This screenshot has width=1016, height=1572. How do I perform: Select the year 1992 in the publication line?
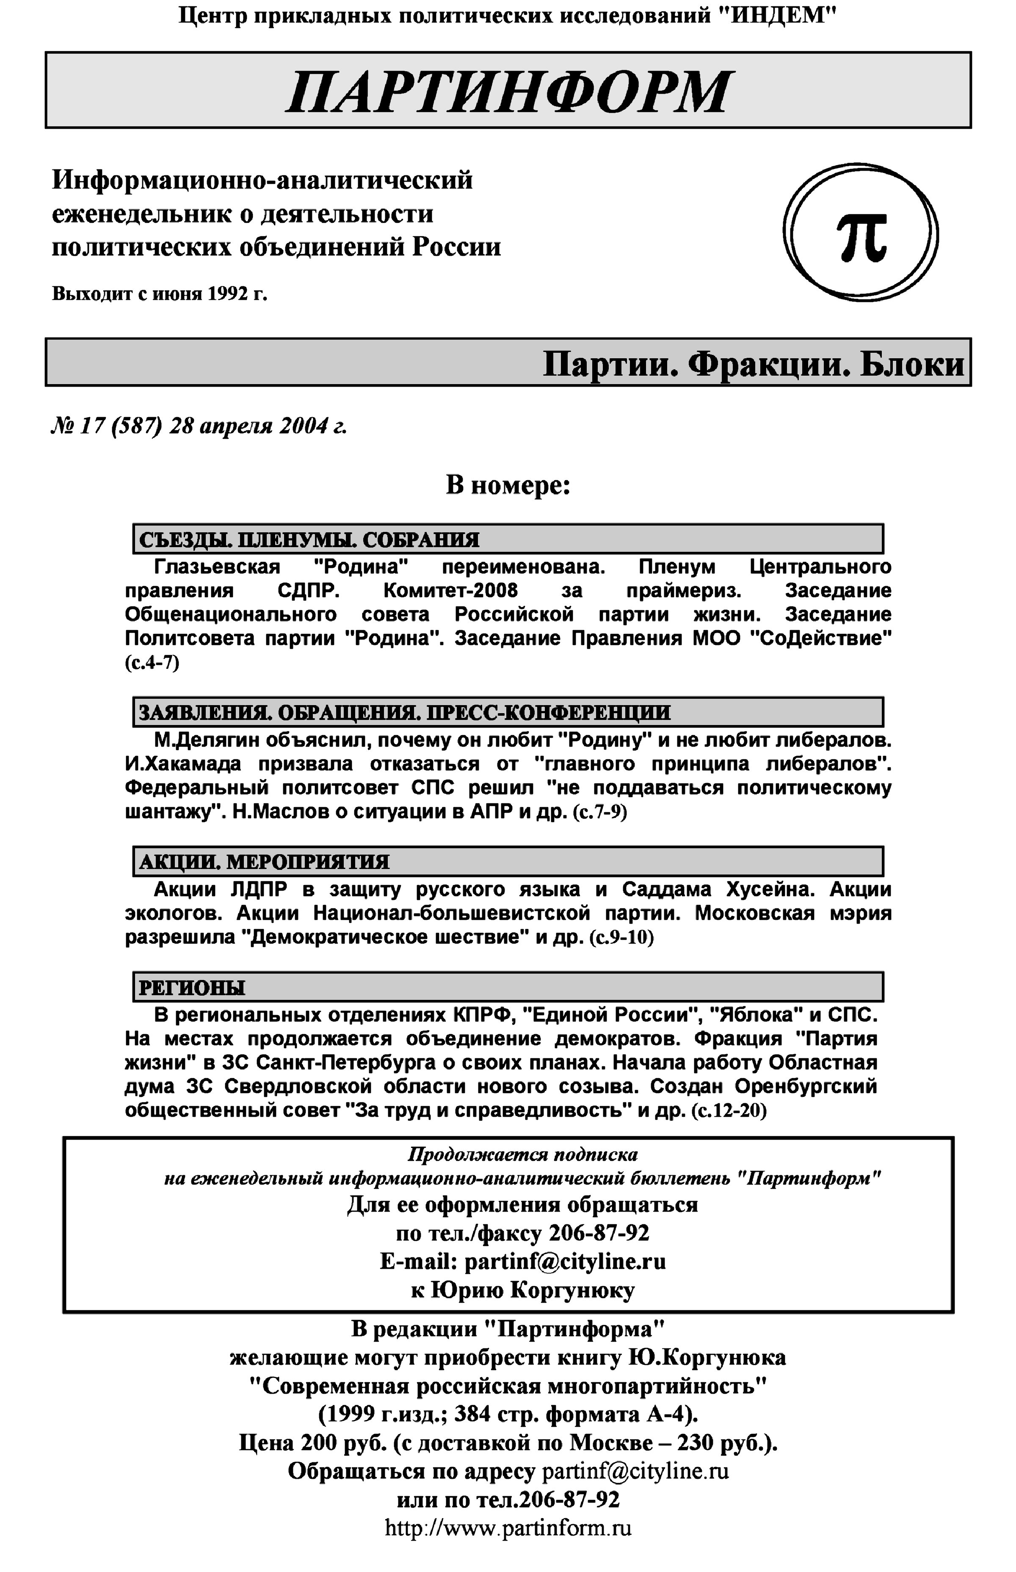point(228,293)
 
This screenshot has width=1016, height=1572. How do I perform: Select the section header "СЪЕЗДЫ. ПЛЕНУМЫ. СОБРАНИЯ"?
point(309,540)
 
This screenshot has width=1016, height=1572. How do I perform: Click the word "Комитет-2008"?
point(450,590)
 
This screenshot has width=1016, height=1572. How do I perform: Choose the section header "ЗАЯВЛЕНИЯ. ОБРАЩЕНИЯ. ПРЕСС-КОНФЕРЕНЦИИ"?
point(404,713)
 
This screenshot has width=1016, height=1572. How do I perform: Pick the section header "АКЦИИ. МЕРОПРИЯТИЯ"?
point(264,862)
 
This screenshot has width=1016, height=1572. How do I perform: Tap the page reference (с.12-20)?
point(729,1111)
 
